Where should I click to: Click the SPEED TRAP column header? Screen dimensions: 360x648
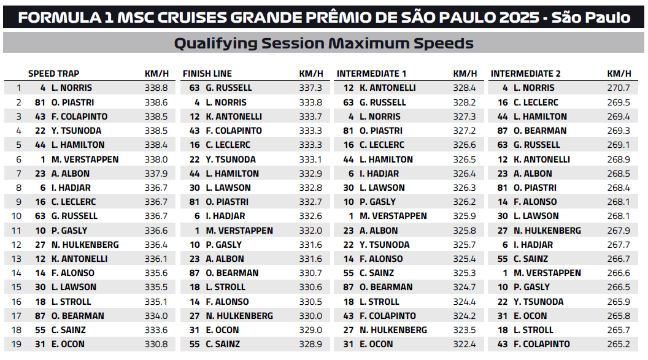[x=53, y=74]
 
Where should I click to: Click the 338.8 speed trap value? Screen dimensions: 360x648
[x=156, y=88]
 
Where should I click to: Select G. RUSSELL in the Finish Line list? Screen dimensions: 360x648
[x=229, y=88]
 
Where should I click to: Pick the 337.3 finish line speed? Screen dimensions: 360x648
[x=310, y=88]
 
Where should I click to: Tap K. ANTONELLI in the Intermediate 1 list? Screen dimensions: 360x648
[x=388, y=88]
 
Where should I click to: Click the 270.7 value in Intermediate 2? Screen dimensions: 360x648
[x=619, y=88]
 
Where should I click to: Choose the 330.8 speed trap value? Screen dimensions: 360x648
[x=156, y=344]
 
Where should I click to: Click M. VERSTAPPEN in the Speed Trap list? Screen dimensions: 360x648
[x=85, y=159]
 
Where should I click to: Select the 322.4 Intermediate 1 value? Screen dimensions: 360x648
[x=465, y=344]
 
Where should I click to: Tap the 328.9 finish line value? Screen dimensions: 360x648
[x=310, y=344]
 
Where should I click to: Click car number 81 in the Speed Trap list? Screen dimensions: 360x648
[x=41, y=102]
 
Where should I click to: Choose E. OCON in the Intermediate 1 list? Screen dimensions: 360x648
[x=376, y=344]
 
